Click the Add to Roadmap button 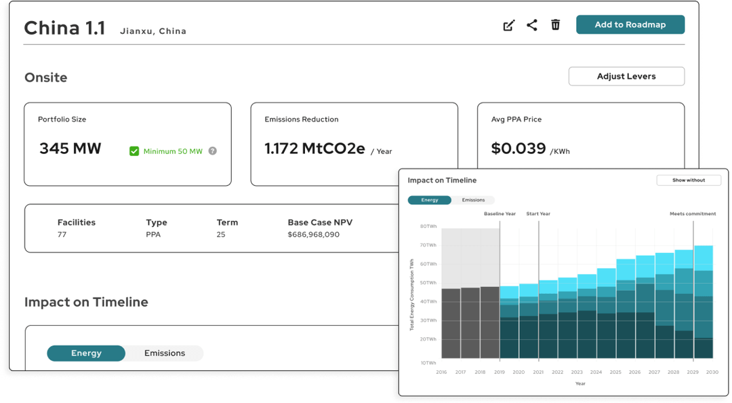[x=630, y=25]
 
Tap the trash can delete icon [x=555, y=25]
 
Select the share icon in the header [x=532, y=25]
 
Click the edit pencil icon [x=509, y=25]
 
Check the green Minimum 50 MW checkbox [x=134, y=151]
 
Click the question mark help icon [x=212, y=151]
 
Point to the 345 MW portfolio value [x=70, y=148]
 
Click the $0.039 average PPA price [x=518, y=148]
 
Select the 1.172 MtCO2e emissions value [x=314, y=148]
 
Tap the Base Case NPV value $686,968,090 [x=313, y=234]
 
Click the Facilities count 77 [x=62, y=234]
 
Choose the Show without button [x=689, y=180]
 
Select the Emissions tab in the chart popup [x=473, y=200]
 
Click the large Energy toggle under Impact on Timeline [x=86, y=353]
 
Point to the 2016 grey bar [x=451, y=324]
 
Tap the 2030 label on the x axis [x=712, y=372]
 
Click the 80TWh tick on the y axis [x=428, y=227]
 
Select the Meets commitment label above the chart [x=693, y=214]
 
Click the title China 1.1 [x=64, y=28]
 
